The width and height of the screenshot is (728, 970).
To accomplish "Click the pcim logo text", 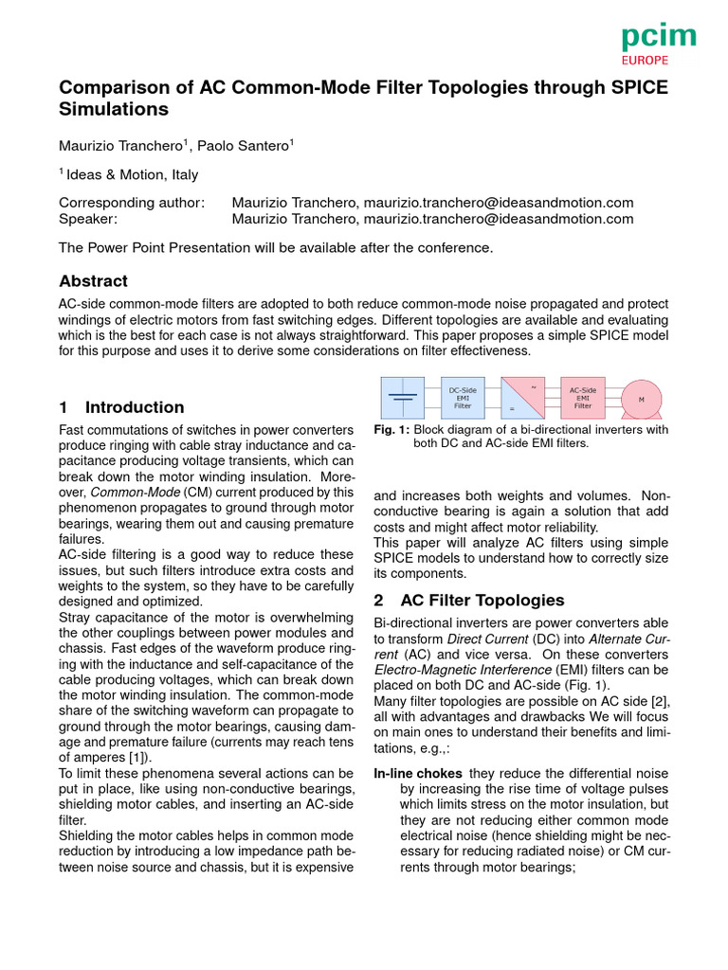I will (x=658, y=38).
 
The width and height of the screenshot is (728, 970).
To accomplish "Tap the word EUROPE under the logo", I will (x=645, y=60).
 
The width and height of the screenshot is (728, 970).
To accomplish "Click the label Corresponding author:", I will (x=131, y=203).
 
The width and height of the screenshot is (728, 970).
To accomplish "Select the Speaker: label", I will (x=88, y=219).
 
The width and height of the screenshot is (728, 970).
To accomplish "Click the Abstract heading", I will (x=93, y=281).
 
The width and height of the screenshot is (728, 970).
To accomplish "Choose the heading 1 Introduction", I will (x=121, y=407).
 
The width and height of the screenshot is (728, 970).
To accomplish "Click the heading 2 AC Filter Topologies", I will (x=469, y=601).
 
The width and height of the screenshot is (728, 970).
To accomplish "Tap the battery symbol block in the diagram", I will (x=403, y=398).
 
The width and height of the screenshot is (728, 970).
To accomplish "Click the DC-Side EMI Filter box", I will (x=463, y=398).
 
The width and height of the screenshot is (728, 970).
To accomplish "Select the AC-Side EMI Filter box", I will (x=582, y=398).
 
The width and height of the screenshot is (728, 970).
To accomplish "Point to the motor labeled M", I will (x=641, y=399).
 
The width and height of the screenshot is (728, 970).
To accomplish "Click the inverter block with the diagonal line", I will (x=522, y=398).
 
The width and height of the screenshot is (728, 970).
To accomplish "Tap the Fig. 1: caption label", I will (x=391, y=429).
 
